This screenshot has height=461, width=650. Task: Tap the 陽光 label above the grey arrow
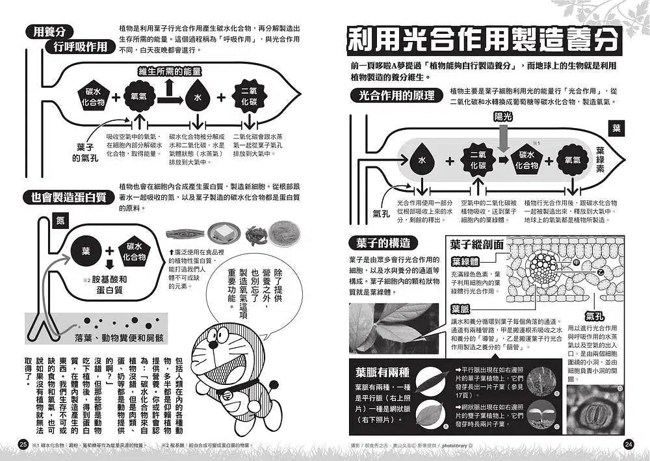pyautogui.click(x=503, y=118)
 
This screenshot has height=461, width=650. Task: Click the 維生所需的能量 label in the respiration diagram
pyautogui.click(x=170, y=72)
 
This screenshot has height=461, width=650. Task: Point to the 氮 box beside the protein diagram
pyautogui.click(x=60, y=220)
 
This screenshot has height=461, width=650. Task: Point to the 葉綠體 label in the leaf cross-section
pyautogui.click(x=465, y=262)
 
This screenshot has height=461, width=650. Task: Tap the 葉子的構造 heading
pyautogui.click(x=383, y=243)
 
